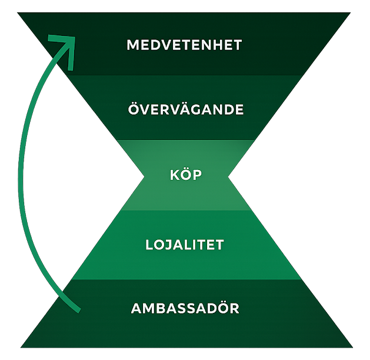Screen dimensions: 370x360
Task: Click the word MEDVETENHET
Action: (x=184, y=45)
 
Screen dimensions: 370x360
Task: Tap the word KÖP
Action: (x=186, y=174)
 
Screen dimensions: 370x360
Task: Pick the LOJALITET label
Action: (x=185, y=245)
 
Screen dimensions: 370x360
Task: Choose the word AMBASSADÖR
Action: (x=185, y=307)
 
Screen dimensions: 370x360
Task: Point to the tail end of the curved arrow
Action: (x=79, y=311)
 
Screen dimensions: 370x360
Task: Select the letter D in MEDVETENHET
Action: (x=155, y=45)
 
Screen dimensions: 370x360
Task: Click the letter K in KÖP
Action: (x=175, y=175)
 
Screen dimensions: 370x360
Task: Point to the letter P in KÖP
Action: (x=198, y=175)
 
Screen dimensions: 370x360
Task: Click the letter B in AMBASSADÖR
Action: (x=159, y=309)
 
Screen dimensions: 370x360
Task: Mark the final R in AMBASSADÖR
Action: (x=235, y=309)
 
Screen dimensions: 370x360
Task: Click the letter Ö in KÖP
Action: (x=186, y=174)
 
